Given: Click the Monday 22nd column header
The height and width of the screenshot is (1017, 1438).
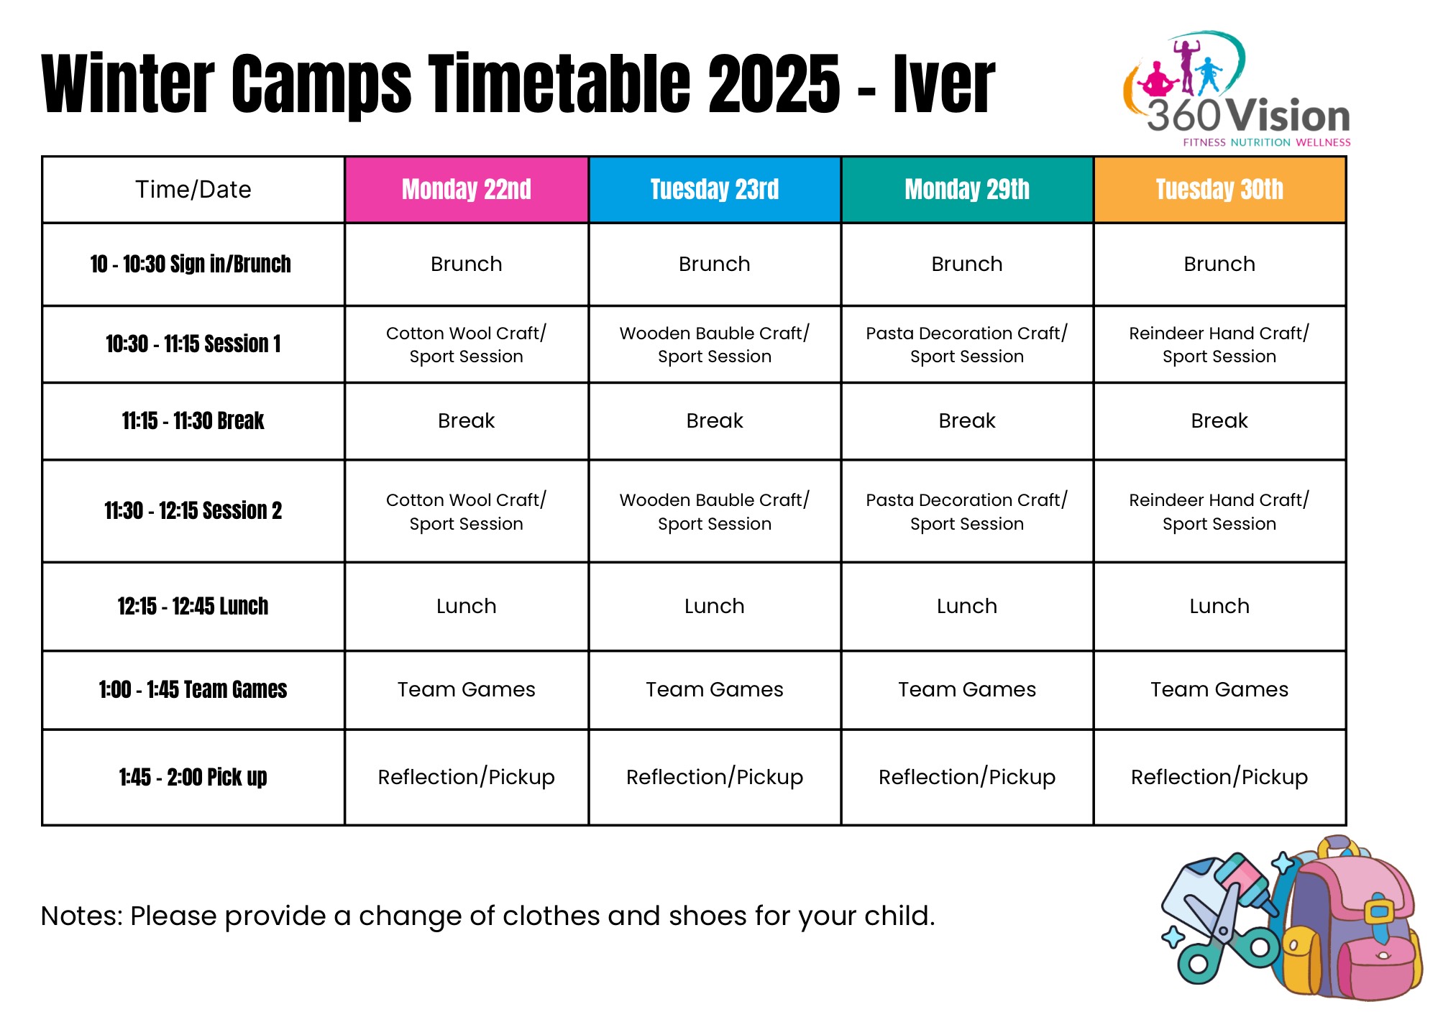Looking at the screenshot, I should tap(466, 190).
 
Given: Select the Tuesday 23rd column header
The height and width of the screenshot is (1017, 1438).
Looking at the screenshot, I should tap(714, 190).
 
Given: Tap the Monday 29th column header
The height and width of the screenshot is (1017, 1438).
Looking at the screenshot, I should tap(966, 190).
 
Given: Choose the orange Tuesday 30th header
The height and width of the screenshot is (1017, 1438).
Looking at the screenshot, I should tap(1219, 190).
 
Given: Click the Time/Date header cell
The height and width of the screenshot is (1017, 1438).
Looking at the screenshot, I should tap(193, 190).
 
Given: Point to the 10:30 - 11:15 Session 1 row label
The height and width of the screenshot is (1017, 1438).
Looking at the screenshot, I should tap(193, 344).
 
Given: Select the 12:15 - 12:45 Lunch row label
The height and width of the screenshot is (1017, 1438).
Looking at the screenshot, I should tap(193, 606).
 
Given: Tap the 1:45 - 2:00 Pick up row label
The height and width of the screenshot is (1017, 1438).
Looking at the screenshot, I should tap(193, 777).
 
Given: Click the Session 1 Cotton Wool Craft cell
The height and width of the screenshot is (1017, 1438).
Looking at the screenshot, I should tap(466, 344).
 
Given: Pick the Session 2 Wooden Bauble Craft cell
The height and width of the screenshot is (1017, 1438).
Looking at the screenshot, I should tap(714, 511).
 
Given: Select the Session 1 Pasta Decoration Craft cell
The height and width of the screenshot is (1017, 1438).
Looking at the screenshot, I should tap(966, 344).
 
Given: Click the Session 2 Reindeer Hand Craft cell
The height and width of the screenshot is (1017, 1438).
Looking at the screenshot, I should tap(1219, 511).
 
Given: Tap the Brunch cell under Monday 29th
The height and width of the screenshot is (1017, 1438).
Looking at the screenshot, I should tap(966, 264).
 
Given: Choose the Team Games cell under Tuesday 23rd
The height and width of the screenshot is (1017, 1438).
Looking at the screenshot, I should tap(714, 689).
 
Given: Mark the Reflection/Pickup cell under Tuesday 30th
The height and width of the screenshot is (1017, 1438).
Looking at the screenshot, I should tap(1219, 777).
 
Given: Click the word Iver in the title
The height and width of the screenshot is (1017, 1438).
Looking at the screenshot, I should tap(943, 85).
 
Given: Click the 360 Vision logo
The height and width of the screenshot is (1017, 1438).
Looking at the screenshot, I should tap(1237, 90).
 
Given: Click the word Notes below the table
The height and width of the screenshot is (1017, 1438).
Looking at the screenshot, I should tap(81, 916).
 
